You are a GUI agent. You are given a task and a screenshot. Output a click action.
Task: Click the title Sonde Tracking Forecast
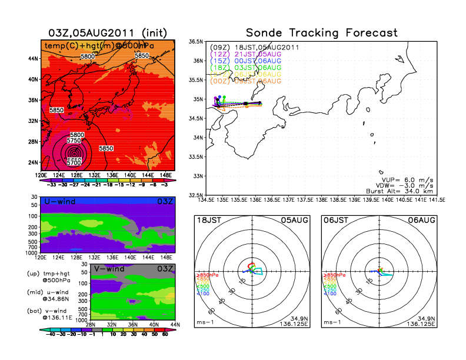click(x=322, y=32)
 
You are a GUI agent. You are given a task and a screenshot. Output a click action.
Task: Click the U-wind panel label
click(x=59, y=202)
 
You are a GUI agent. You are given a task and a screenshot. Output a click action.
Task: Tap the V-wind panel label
click(x=109, y=268)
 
